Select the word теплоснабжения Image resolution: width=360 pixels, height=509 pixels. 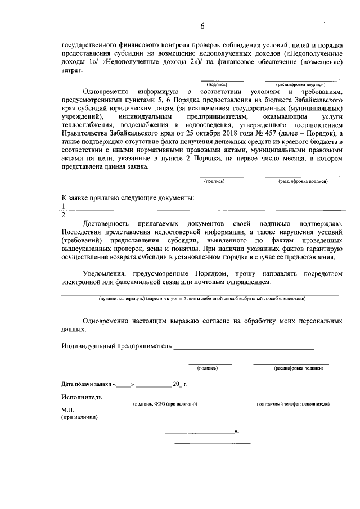point(87,124)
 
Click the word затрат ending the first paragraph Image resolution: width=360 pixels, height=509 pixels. point(71,70)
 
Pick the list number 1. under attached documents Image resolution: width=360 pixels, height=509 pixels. point(64,206)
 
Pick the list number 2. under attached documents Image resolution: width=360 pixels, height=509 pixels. point(64,214)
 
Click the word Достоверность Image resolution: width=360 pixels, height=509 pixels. point(107,224)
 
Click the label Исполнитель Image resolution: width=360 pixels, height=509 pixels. point(82,397)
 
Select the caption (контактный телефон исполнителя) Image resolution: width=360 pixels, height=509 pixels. point(292,404)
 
